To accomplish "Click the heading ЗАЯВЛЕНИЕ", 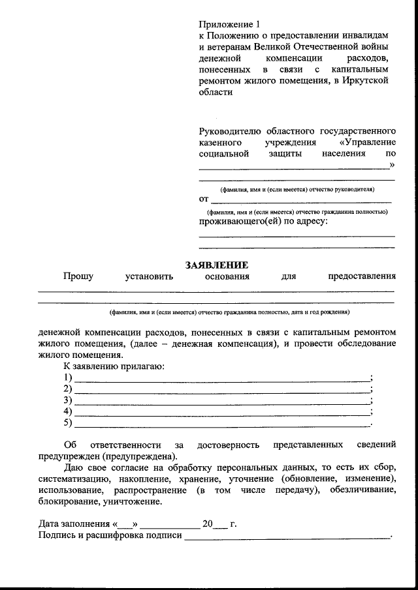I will tap(216, 265).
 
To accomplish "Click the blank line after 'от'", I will tap(301, 201).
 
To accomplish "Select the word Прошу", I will tap(78, 276).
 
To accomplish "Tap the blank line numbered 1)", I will tap(221, 379).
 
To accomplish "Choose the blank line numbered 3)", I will tap(221, 402).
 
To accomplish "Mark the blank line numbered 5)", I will tap(221, 425).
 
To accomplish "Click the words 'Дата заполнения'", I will tap(74, 524).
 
